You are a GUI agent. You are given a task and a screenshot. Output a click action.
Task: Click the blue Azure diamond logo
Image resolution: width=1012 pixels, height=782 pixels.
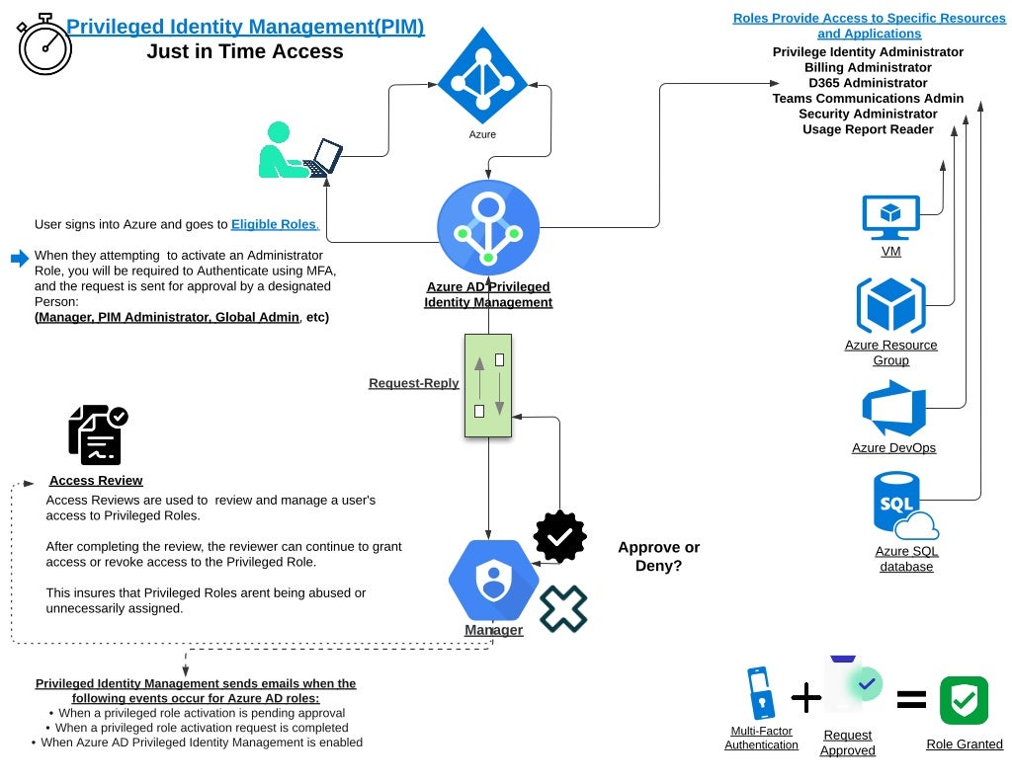(x=482, y=77)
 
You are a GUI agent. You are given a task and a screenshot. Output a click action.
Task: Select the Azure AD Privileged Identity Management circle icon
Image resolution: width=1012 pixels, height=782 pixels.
(x=488, y=228)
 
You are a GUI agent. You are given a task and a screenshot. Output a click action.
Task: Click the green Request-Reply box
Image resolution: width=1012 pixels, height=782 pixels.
(x=488, y=385)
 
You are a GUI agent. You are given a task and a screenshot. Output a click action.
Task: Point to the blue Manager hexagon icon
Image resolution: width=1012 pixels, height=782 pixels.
(x=493, y=580)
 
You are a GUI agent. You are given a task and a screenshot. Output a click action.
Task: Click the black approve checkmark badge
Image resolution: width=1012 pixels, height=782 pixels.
(x=559, y=536)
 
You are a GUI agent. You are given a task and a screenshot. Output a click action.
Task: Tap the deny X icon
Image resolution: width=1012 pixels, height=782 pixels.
(x=563, y=608)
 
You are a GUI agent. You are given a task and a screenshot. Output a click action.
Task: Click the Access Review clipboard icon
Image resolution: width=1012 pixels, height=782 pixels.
(x=97, y=434)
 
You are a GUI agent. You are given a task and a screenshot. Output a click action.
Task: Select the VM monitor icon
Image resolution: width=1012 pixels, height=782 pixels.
(x=890, y=218)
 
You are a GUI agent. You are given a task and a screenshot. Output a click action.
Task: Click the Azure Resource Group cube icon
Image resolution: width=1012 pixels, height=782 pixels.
(x=890, y=306)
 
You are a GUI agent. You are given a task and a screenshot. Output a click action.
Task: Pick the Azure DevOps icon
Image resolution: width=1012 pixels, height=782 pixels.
(x=893, y=409)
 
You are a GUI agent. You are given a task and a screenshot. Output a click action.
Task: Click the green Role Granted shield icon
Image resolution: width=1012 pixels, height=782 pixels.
(x=964, y=701)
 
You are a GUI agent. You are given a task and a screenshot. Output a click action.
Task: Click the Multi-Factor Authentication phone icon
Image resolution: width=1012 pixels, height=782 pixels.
(x=760, y=693)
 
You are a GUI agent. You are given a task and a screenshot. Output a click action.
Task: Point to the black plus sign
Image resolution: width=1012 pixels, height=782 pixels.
(x=806, y=698)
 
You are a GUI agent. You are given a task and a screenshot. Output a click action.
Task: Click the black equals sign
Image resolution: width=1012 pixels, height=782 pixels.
(x=911, y=700)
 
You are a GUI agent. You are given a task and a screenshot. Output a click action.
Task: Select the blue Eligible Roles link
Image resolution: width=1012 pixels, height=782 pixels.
(x=274, y=224)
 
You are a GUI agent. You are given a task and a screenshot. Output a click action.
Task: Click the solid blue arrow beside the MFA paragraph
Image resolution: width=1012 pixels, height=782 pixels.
(x=20, y=259)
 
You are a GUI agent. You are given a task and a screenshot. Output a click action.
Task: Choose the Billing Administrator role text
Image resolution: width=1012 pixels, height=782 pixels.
(x=868, y=67)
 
